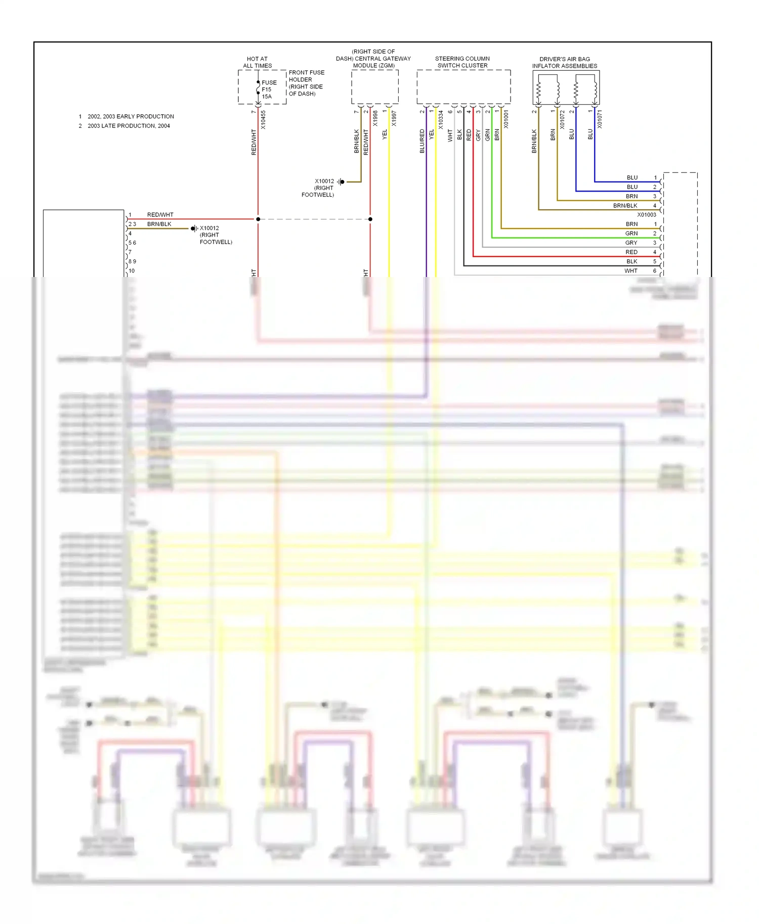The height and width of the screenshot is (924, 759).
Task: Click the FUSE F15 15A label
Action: (269, 89)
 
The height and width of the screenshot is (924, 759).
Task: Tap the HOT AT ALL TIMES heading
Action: (257, 62)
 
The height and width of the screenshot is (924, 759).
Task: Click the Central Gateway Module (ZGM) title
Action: (373, 59)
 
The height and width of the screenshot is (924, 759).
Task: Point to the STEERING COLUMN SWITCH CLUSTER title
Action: (462, 62)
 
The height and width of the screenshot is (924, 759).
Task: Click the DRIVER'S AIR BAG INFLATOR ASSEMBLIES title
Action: (565, 63)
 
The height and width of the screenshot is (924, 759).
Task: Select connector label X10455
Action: (263, 120)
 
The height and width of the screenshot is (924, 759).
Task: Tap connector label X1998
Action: (375, 118)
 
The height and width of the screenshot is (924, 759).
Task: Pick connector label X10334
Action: (441, 120)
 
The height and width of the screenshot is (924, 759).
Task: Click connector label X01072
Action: (562, 120)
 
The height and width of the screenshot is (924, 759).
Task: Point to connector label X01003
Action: (646, 215)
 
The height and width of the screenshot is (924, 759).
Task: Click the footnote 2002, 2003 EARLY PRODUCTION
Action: (131, 116)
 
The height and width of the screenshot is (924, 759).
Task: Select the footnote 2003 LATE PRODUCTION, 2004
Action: (129, 126)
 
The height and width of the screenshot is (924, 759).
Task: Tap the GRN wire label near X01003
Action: (631, 234)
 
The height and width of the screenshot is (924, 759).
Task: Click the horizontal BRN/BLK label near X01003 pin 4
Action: (625, 206)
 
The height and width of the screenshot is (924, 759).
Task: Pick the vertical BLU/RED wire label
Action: (422, 141)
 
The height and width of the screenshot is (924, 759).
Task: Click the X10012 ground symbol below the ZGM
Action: (342, 182)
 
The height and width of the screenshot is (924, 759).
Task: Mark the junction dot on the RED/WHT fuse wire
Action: (258, 219)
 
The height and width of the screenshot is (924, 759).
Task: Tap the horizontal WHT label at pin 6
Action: (630, 271)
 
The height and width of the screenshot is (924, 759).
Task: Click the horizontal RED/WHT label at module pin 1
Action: (160, 215)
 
